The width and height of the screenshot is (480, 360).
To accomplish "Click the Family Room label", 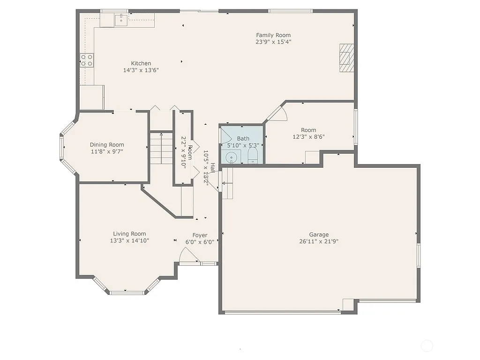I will point(273,35).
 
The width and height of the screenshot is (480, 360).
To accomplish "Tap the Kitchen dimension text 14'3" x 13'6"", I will point(141,70).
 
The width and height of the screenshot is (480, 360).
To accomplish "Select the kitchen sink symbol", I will point(121,20).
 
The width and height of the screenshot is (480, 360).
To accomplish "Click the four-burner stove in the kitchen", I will point(87,60).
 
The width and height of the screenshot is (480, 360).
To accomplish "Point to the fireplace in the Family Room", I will point(346,58).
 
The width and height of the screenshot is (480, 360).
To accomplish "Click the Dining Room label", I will point(107,145).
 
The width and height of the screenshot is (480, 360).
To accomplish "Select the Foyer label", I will point(200,235).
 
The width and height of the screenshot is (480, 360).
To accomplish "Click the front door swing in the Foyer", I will point(189,255).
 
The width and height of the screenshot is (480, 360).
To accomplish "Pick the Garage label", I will point(319,235).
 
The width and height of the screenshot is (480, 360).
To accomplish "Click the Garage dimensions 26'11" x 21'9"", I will point(319,242).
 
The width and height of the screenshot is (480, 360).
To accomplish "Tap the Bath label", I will point(243,138).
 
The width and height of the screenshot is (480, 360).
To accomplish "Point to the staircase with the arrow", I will point(161,148).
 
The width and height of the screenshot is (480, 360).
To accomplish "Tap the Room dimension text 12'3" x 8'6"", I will point(308,137).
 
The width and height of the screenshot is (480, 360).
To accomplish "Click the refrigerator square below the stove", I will point(92,97).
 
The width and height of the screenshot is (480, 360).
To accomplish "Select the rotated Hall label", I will point(212,168).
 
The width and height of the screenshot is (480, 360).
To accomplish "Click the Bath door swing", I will point(225,136).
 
